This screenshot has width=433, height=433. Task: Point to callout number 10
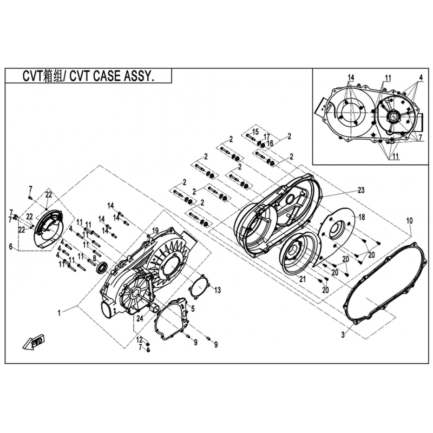pyautogui.click(x=409, y=221)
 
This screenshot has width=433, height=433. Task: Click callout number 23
pyautogui.click(x=362, y=190)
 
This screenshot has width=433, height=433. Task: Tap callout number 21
pyautogui.click(x=303, y=279)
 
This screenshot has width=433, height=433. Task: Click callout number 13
pyautogui.click(x=218, y=291)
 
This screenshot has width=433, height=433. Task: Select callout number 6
pyautogui.click(x=10, y=247)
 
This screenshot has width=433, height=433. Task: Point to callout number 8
pyautogui.click(x=94, y=258)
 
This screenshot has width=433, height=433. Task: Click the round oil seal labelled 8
pyautogui.click(x=102, y=267)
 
